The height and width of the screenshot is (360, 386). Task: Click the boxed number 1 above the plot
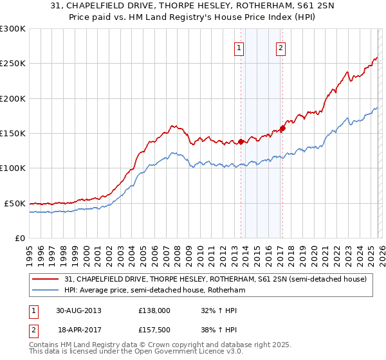239,47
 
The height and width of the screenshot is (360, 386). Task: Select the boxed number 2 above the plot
281,47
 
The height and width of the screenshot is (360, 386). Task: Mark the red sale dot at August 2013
241,142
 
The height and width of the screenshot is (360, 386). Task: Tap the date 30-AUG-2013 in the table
78,310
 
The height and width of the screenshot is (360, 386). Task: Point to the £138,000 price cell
154,310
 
